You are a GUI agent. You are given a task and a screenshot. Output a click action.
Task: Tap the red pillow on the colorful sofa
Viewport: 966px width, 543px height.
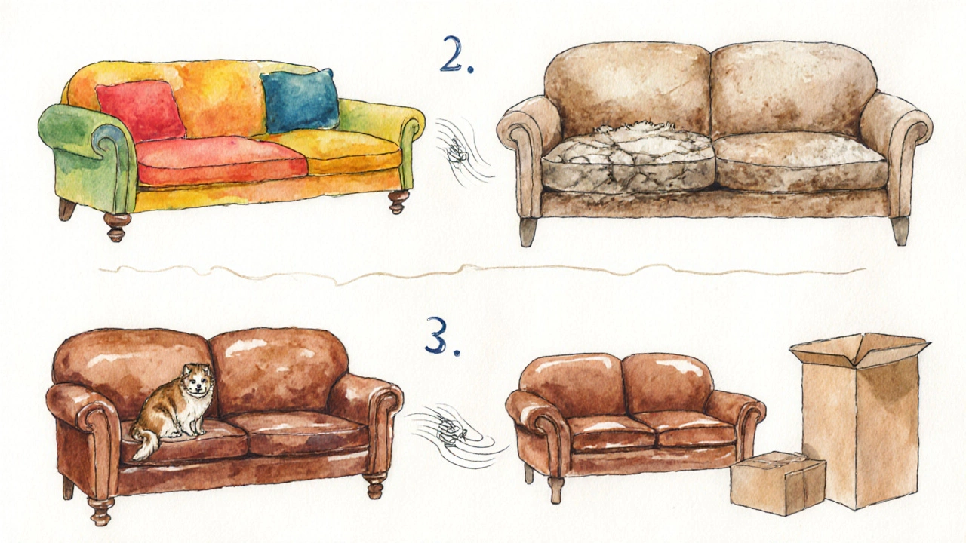141,111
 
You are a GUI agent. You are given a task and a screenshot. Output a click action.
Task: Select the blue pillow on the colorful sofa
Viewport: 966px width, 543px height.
300,101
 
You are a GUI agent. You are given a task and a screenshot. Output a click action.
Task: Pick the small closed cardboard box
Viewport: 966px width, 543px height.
777,483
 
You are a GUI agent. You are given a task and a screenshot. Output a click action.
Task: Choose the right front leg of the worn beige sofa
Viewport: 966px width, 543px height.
900,231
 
